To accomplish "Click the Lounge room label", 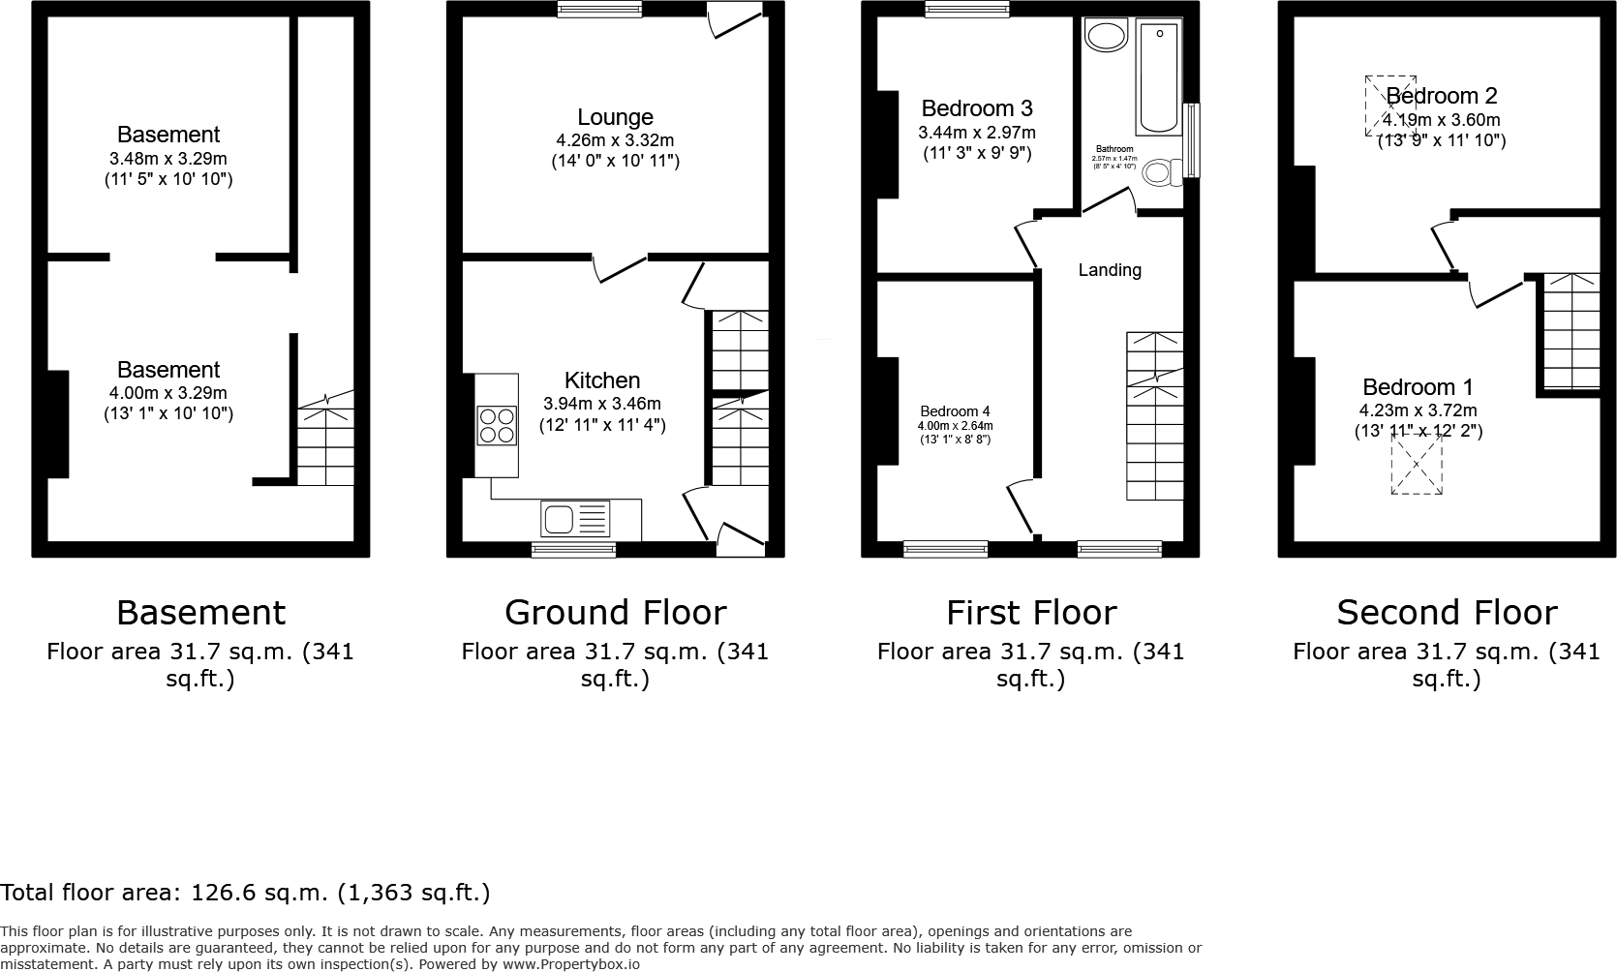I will coord(615,117).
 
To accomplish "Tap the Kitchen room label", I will coord(602,380).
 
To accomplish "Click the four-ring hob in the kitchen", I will coord(496,424).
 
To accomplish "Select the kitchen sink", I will coord(575,519).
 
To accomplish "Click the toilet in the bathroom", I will coord(1159,172).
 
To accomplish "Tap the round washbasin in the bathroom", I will coord(1106,37).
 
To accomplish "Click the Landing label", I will coord(1110,270).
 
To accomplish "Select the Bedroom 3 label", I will coord(976,107).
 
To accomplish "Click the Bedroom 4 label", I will coord(955,411).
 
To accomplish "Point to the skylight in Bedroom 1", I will coord(1417,465).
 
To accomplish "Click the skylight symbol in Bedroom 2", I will coord(1390,106).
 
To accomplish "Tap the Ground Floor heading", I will coord(615,613).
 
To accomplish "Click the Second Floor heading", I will coord(1447,613).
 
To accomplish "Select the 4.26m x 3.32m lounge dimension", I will coord(615,140).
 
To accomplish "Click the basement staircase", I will coord(325,445).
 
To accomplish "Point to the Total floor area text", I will coord(245,892).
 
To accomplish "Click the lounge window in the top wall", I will coord(600,10).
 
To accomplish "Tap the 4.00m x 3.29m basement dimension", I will coord(168,393).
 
